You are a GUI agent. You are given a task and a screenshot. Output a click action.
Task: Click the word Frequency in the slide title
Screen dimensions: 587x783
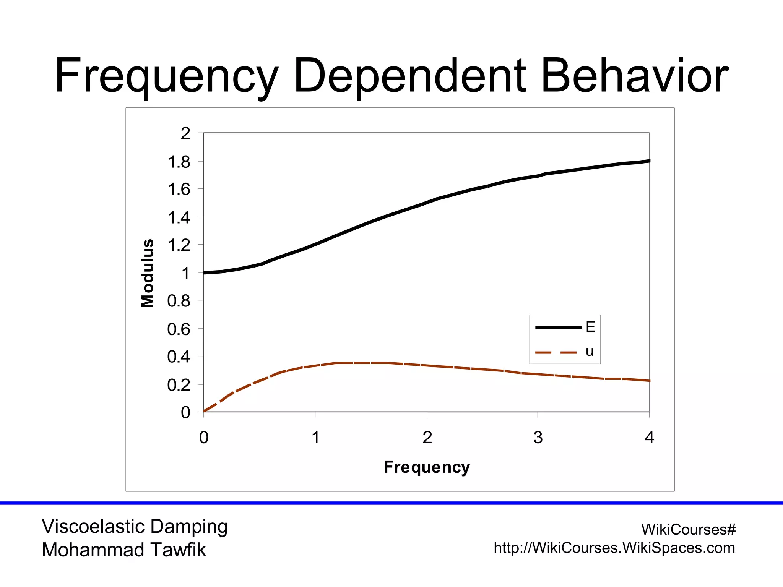(166, 76)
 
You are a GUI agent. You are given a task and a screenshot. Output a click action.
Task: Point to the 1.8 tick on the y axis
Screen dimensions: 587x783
(179, 162)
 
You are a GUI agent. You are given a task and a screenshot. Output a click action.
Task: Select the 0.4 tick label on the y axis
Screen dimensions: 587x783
(179, 357)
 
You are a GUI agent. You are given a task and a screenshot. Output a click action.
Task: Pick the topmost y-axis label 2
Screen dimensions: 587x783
(185, 134)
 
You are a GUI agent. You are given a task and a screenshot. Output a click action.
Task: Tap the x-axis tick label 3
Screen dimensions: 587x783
(538, 438)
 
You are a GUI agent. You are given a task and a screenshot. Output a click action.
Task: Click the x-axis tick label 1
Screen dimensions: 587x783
(315, 438)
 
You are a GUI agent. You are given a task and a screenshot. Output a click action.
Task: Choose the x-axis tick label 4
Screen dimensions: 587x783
(649, 438)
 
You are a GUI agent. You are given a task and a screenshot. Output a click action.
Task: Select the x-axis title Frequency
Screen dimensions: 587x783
(427, 467)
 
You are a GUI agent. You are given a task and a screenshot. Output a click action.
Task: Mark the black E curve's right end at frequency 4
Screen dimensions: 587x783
(649, 161)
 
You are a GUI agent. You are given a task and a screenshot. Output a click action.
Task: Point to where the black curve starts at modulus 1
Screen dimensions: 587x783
(205, 272)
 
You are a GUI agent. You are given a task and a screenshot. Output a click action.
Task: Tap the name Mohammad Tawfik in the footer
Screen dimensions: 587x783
(124, 550)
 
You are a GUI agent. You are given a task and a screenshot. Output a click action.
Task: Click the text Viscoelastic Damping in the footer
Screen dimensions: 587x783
(135, 527)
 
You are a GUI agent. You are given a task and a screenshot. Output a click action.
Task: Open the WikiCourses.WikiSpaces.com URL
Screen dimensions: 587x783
(614, 548)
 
